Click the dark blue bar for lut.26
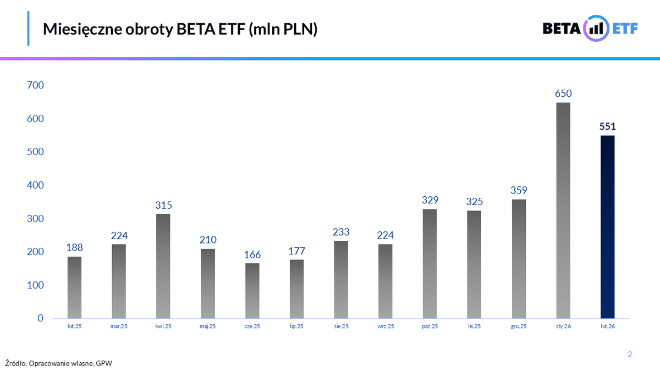[607, 227]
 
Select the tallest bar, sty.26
[563, 211]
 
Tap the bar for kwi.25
[163, 266]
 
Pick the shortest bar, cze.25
[252, 291]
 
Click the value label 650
[563, 93]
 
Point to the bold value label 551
[607, 126]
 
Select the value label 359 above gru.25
[518, 191]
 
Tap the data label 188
[74, 247]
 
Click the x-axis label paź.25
[430, 326]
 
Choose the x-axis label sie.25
[341, 326]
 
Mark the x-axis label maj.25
[208, 326]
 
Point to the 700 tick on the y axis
[35, 85]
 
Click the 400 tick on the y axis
[35, 185]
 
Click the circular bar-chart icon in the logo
[596, 29]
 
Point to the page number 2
[630, 355]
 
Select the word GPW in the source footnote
[103, 363]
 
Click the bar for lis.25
[474, 264]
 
